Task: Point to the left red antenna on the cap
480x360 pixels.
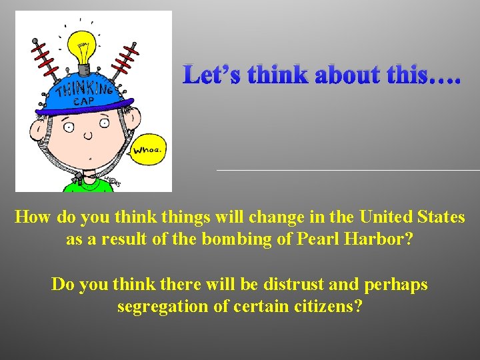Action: [44, 59]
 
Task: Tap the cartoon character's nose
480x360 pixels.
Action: [87, 135]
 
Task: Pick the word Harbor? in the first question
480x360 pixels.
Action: [381, 238]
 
